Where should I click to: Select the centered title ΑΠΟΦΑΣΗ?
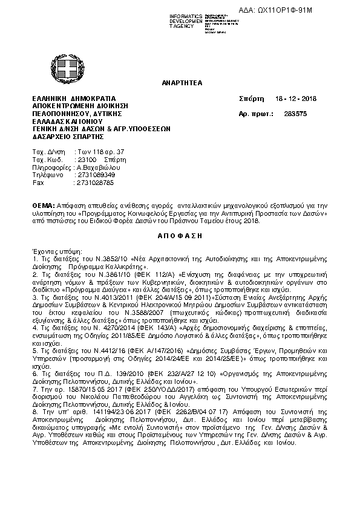180,235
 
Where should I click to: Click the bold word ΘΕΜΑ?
43,206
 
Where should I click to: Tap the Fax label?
38,182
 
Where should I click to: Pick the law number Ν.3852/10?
91,258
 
